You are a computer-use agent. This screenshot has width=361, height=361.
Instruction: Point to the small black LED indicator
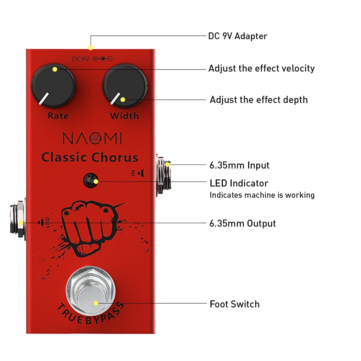(91, 180)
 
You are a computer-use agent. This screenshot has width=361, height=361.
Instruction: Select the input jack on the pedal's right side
(163, 174)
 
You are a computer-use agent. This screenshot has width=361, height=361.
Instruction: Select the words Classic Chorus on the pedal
(90, 158)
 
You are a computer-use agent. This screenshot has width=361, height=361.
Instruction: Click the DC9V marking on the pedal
(81, 59)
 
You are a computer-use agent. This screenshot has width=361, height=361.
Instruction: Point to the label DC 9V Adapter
(238, 36)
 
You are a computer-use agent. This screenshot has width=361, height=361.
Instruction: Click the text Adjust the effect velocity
(261, 68)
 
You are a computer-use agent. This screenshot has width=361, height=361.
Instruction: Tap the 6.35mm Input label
(239, 165)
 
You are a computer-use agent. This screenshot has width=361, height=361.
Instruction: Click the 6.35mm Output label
(243, 223)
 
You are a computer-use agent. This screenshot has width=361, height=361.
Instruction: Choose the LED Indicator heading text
(239, 183)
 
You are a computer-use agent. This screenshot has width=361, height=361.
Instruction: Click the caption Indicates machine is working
(262, 195)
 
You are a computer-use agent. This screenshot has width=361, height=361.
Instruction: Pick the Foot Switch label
(234, 304)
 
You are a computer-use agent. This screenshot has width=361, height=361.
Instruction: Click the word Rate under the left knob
(58, 116)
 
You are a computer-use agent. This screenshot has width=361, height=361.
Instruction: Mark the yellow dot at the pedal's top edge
(91, 48)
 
